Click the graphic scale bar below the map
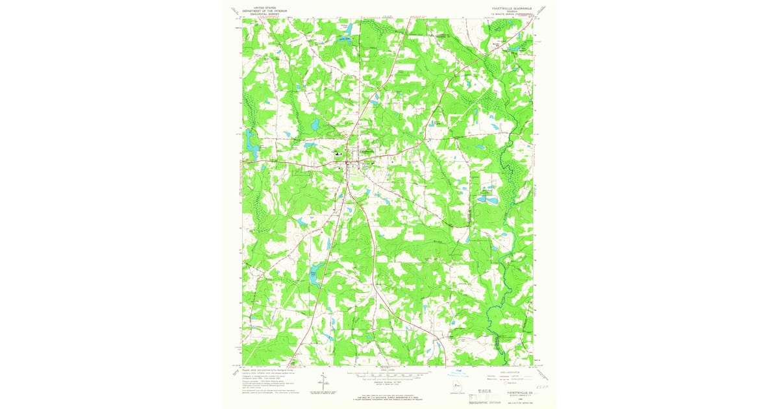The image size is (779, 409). coord(388,375)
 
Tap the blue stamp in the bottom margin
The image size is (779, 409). coord(459,375)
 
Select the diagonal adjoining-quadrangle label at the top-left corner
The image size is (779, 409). coord(234,10)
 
